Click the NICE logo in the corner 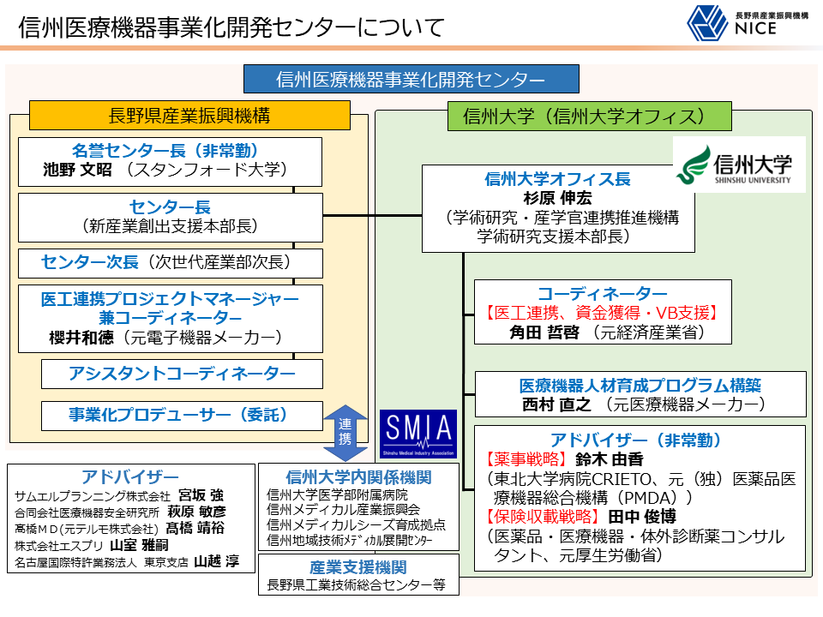[x=748, y=23]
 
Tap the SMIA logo [x=418, y=434]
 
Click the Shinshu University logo [x=739, y=165]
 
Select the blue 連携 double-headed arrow [x=345, y=433]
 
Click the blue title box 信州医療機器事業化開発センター [x=411, y=79]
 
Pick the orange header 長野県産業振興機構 [x=189, y=116]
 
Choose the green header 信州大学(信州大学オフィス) [x=589, y=116]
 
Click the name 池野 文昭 [x=77, y=170]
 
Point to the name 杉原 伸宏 [x=557, y=198]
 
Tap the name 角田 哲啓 [x=544, y=332]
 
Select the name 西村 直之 [x=556, y=404]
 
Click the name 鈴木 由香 [x=610, y=459]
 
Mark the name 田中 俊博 [x=642, y=517]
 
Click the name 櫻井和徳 [x=81, y=338]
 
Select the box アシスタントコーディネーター [x=182, y=374]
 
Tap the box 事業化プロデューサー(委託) [x=182, y=416]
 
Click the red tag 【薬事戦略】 [x=526, y=459]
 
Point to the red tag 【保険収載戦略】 [x=542, y=517]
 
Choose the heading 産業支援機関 [x=358, y=567]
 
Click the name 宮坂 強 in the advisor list [x=201, y=495]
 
